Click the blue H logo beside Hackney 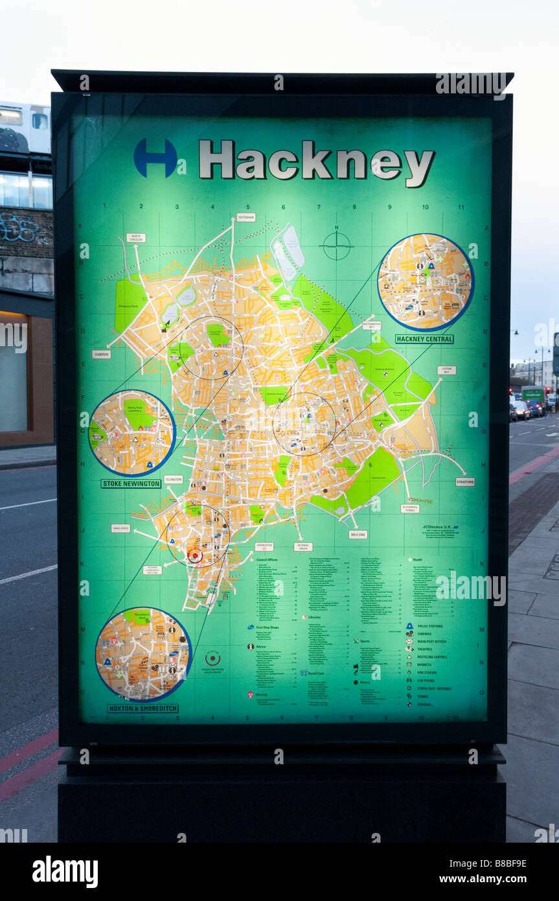(x=155, y=158)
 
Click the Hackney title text (x=316, y=160)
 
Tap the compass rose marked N (x=337, y=246)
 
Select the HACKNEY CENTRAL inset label (x=424, y=339)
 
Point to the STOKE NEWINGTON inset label (x=131, y=484)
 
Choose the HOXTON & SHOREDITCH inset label (x=143, y=708)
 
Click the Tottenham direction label (x=245, y=218)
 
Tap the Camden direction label (x=101, y=355)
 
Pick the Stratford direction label (x=464, y=482)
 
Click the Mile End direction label (x=358, y=535)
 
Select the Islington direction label (x=173, y=480)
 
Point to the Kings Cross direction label (x=120, y=528)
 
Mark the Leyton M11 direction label (x=446, y=370)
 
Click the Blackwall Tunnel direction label (x=410, y=508)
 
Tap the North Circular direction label (x=135, y=238)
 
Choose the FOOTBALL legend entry (x=424, y=704)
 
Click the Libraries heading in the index (x=317, y=618)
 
